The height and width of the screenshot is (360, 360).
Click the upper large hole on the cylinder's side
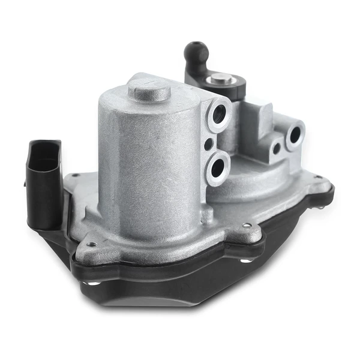point(218,112)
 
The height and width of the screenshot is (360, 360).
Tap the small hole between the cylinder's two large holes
point(208,144)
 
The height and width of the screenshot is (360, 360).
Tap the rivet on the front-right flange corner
point(246,226)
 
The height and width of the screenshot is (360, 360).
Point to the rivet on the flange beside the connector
point(75,176)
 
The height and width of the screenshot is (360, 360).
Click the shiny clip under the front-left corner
point(88,281)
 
